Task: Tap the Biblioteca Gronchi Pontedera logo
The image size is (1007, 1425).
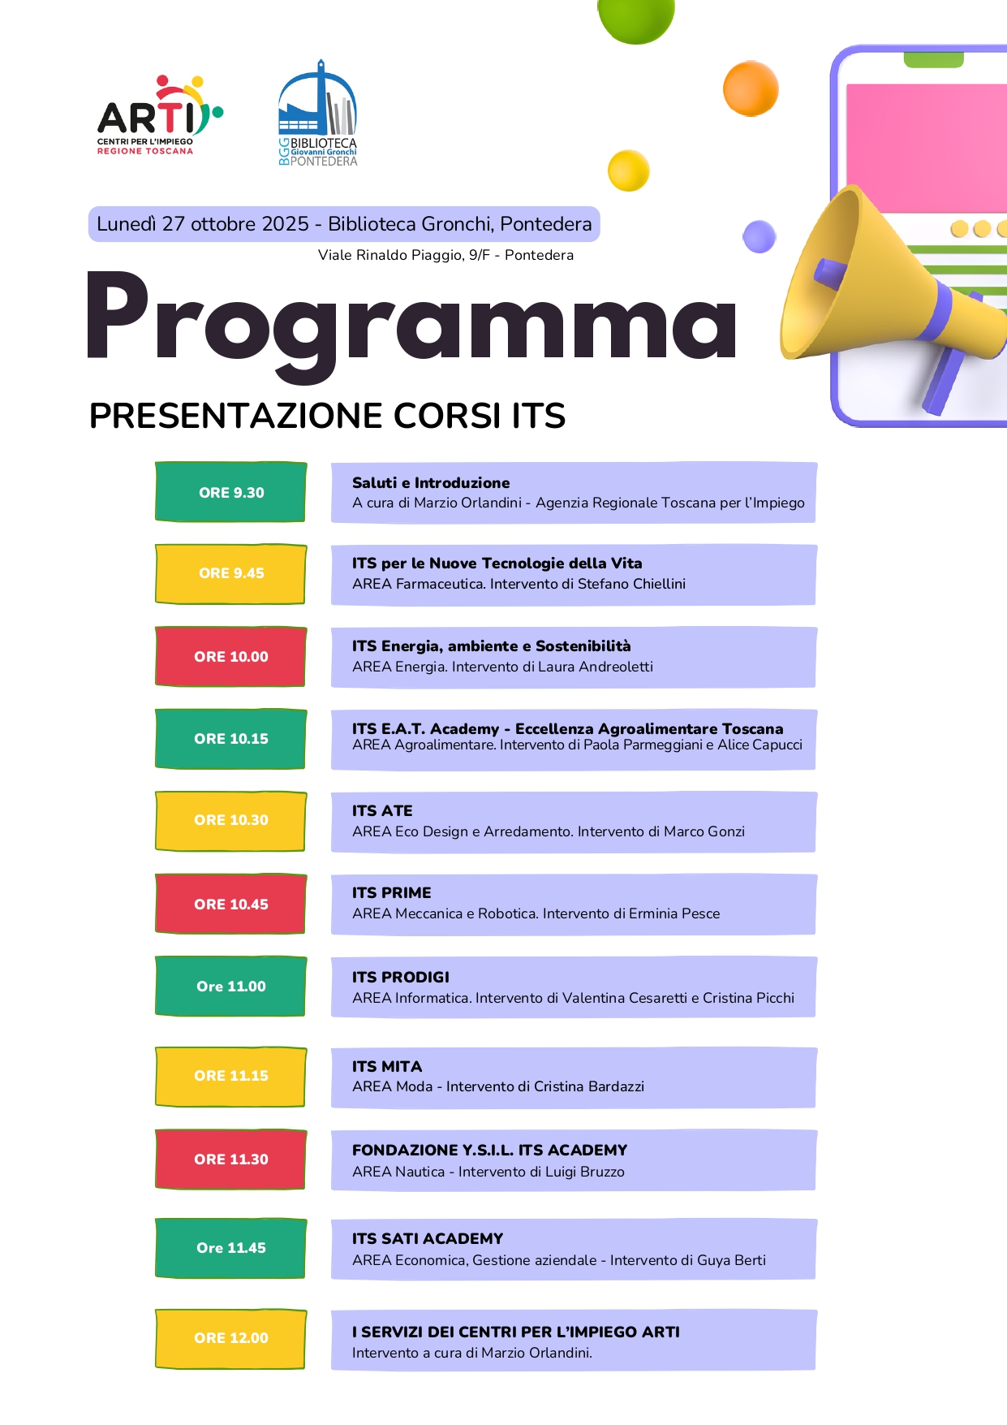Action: click(x=317, y=114)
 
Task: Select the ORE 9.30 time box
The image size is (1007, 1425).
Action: click(x=231, y=492)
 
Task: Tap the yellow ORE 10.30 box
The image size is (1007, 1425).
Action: click(x=231, y=820)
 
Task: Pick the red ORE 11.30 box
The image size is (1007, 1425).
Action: click(x=231, y=1159)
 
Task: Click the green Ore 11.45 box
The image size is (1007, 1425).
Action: click(x=231, y=1248)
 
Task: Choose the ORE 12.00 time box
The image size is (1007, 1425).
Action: click(x=231, y=1338)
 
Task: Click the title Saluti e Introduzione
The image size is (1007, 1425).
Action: click(x=431, y=482)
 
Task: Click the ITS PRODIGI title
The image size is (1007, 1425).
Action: click(x=400, y=977)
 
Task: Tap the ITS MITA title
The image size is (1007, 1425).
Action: click(x=387, y=1066)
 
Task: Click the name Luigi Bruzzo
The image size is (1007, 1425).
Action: click(x=584, y=1172)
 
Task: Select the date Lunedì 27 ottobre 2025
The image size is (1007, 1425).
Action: click(x=203, y=224)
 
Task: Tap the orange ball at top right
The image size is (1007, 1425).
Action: click(x=751, y=89)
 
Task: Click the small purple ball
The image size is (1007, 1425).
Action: click(x=760, y=236)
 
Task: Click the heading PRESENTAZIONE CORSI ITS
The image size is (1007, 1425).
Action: click(x=327, y=416)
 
